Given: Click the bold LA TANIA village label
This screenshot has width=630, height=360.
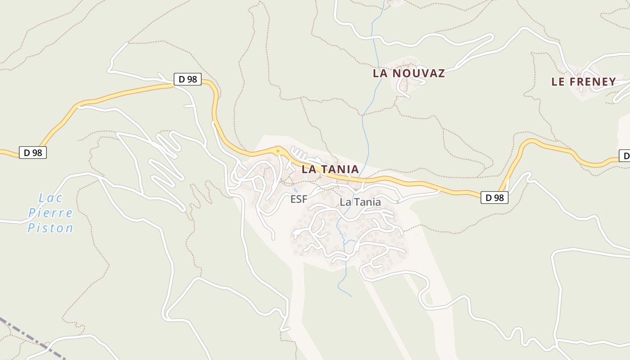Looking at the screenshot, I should click(330, 170).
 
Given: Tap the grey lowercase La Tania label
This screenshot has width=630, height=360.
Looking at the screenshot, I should click(360, 202).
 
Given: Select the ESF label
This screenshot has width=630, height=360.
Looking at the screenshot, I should click(299, 199).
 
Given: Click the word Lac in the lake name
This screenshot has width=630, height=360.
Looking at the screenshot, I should click(51, 198).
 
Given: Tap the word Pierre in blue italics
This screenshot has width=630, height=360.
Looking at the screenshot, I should click(50, 213).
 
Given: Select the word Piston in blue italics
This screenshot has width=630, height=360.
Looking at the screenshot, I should click(50, 228).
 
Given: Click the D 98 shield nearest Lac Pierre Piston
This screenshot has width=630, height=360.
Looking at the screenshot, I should click(33, 153).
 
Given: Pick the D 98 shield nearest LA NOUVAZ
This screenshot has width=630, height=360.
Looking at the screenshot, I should click(188, 79).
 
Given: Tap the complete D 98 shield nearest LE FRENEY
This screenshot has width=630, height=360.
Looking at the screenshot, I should click(495, 198).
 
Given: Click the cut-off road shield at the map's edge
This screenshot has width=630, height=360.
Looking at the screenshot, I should click(625, 156).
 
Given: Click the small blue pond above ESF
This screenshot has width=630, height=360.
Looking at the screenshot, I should click(296, 190).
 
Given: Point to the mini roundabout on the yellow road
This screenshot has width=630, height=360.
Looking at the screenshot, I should click(278, 151).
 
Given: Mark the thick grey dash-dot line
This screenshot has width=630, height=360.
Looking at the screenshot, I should click(27, 335).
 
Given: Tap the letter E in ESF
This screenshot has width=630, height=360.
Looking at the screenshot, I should click(293, 199).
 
